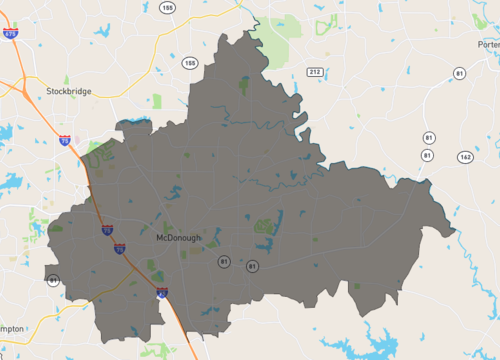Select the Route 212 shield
(314, 72)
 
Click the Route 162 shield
(464, 157)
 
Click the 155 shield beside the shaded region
(189, 63)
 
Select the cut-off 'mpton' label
(12, 327)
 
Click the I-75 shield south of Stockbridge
(66, 141)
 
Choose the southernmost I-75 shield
(162, 293)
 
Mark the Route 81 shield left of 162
(427, 156)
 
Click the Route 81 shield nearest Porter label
(459, 74)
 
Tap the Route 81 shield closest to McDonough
(223, 262)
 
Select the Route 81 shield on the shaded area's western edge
(52, 281)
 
